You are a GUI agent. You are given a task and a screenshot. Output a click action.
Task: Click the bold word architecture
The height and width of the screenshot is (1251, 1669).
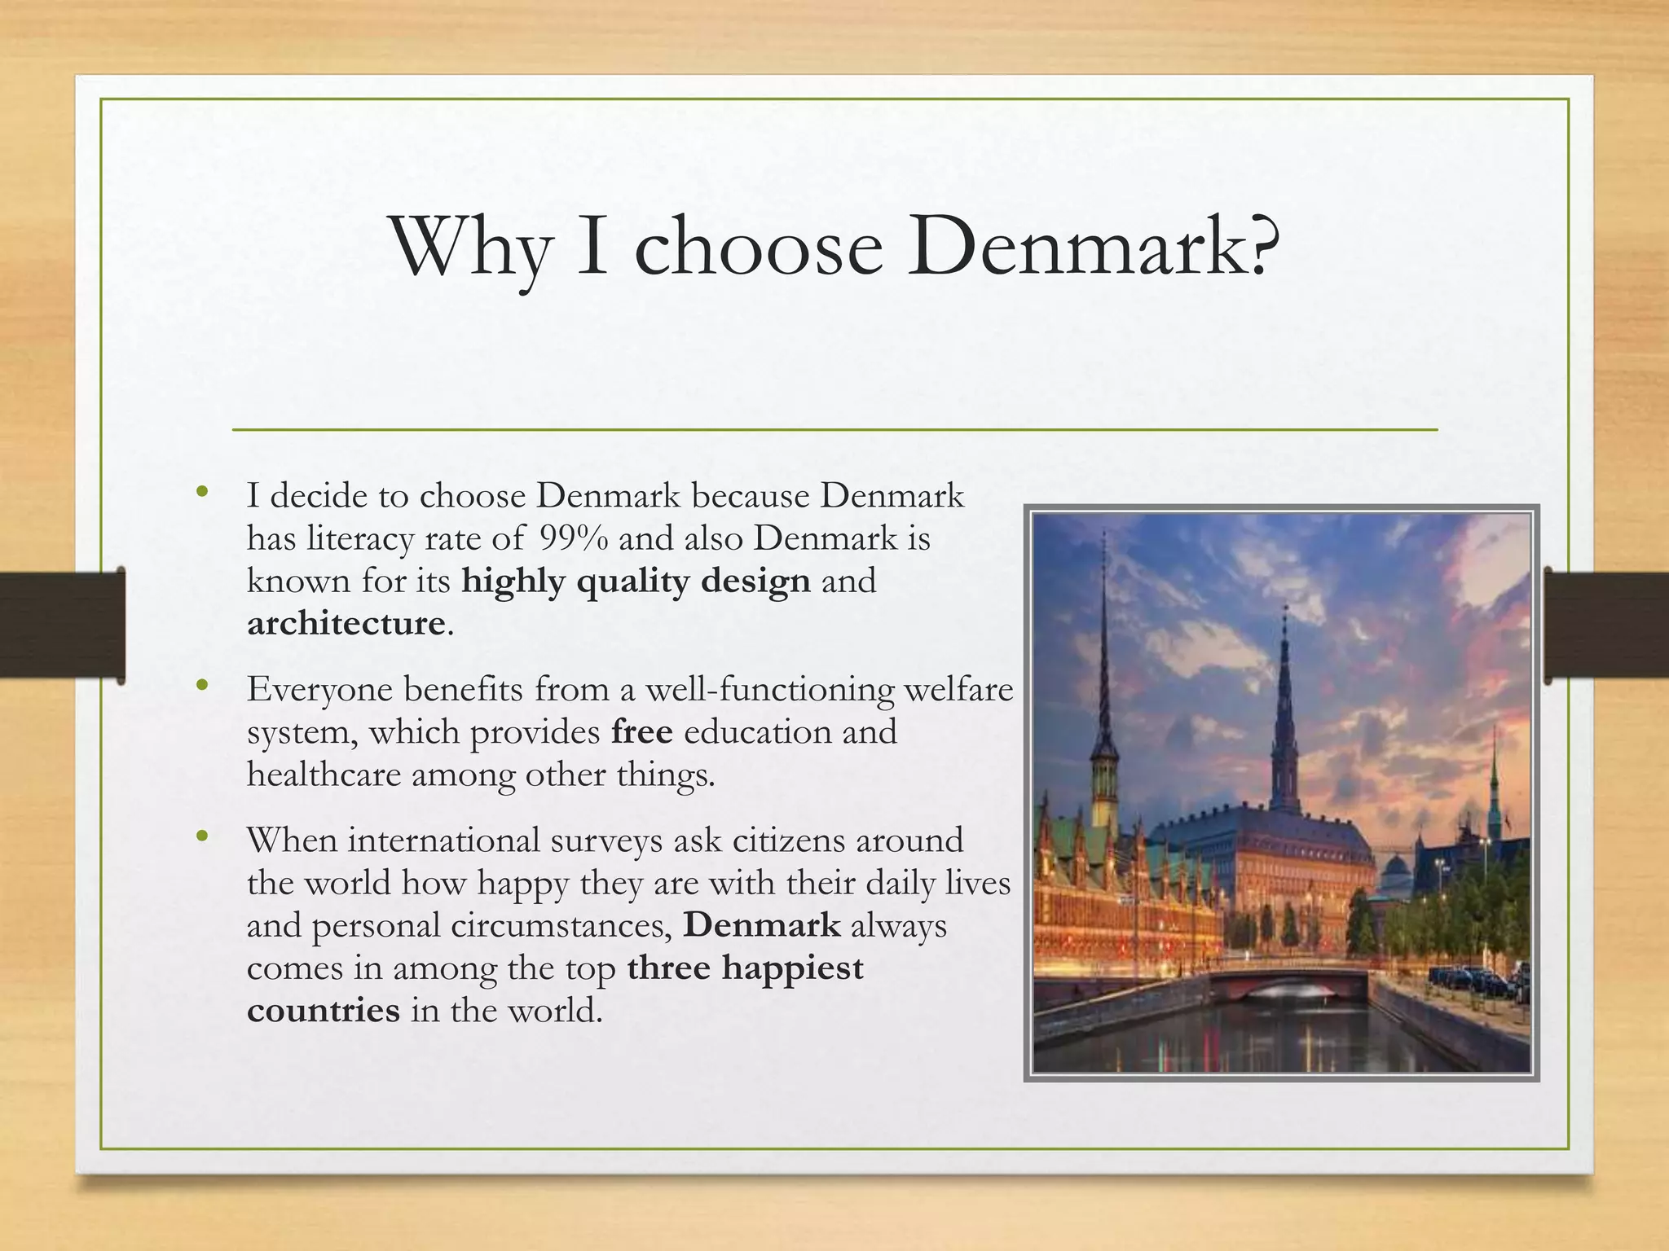[346, 624]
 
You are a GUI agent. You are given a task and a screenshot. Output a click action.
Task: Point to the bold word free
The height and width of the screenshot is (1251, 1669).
[642, 732]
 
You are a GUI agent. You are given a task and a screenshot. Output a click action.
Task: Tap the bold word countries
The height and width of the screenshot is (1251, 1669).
[324, 1011]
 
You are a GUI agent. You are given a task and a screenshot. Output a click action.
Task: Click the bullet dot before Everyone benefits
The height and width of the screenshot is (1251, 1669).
[202, 687]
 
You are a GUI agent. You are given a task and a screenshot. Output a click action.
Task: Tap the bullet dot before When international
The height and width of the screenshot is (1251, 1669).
[202, 836]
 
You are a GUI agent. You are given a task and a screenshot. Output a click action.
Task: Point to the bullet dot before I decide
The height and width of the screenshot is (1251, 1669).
[202, 492]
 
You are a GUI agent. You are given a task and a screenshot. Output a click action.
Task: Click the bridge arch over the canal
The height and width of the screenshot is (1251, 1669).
[1288, 986]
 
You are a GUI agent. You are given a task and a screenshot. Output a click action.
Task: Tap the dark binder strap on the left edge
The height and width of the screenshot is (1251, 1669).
[61, 625]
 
